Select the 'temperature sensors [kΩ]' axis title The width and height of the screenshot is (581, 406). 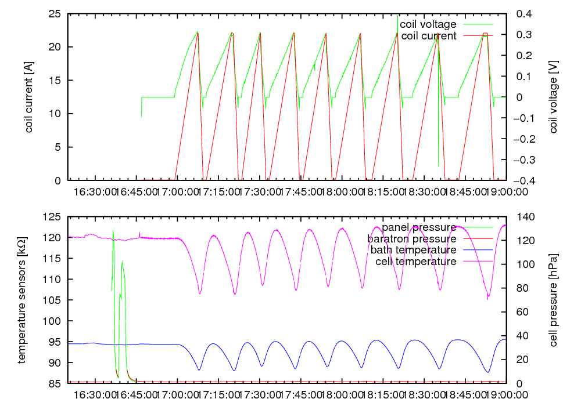21,300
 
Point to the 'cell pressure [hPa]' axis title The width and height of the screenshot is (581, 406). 553,300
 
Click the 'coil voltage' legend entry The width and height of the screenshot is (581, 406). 428,24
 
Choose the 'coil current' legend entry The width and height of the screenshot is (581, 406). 429,35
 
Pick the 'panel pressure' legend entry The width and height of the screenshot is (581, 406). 419,227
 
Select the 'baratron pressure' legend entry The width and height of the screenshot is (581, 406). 411,238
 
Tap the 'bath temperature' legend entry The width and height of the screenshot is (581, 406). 413,250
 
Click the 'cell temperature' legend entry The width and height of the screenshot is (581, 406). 415,262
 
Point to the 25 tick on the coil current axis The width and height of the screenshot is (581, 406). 57,14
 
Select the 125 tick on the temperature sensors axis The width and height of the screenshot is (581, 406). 53,217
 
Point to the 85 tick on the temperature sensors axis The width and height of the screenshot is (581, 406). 55,383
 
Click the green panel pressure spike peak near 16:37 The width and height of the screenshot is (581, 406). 113,231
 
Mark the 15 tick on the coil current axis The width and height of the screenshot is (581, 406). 57,81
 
